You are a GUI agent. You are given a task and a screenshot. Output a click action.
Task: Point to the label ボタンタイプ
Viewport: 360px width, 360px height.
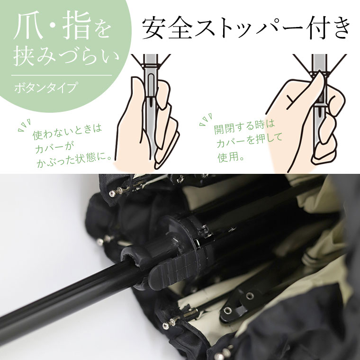tap(45, 88)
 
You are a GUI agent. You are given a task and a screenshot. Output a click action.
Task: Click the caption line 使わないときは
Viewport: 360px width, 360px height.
tap(67, 132)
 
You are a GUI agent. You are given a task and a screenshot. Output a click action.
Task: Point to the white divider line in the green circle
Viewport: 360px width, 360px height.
tap(62, 75)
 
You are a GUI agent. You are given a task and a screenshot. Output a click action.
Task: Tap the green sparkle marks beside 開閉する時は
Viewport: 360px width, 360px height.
tap(206, 120)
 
